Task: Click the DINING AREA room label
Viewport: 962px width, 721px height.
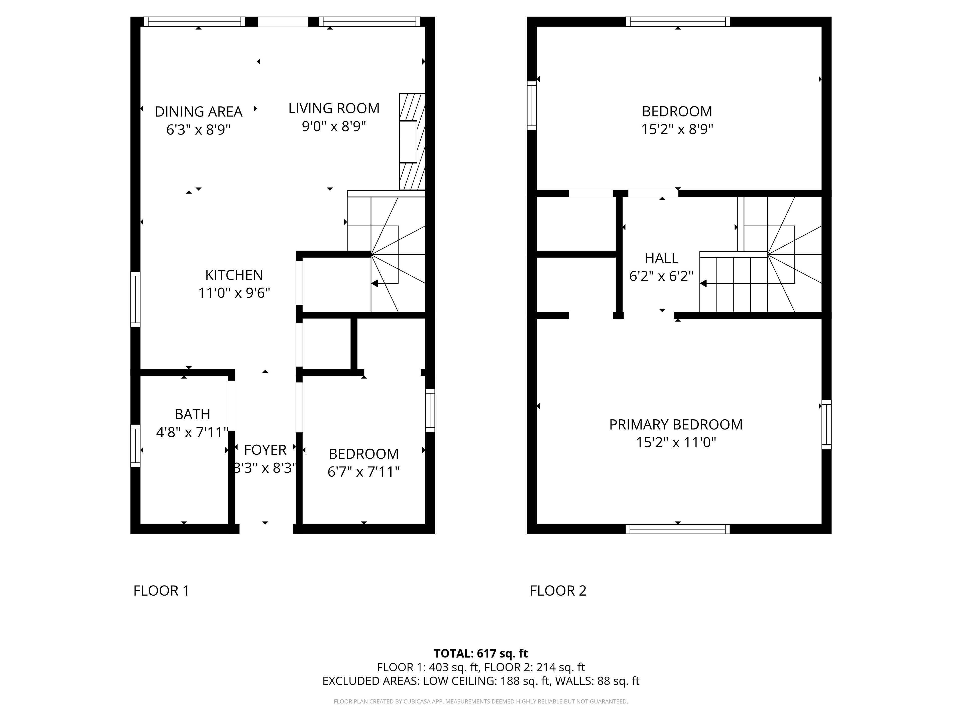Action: tap(198, 112)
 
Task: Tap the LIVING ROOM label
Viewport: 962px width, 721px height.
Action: tap(334, 108)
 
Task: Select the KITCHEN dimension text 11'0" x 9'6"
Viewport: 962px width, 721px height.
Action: tap(234, 293)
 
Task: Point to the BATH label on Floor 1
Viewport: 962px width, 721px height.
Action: tap(192, 414)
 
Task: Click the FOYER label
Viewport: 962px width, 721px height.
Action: tap(265, 450)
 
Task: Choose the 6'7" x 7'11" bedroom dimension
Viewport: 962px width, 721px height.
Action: tap(364, 472)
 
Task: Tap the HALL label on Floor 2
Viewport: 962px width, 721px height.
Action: tap(661, 258)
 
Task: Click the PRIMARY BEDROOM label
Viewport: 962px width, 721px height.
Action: tap(676, 425)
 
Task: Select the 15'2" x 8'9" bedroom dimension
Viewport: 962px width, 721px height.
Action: tap(677, 129)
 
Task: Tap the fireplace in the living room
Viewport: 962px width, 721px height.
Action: tap(412, 142)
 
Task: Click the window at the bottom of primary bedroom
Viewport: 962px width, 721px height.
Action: tap(678, 529)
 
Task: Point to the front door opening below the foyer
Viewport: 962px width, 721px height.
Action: tap(266, 529)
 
